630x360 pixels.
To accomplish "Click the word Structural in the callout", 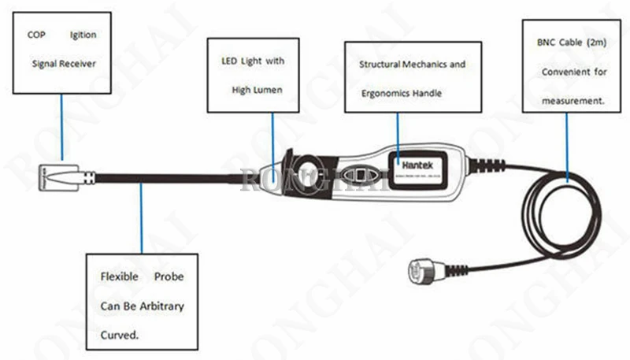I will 379,64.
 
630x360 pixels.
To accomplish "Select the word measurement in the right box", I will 572,100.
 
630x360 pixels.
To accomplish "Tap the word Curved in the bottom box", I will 118,334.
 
